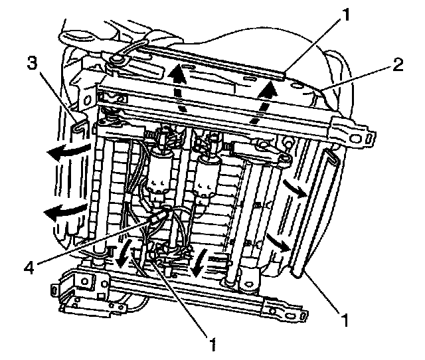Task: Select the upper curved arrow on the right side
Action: pos(294,188)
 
